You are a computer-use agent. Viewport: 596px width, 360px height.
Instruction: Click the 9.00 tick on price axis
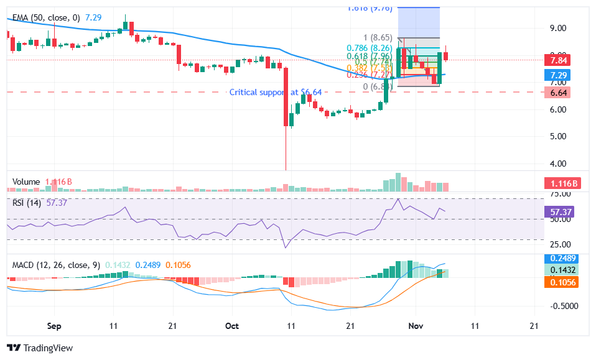point(557,28)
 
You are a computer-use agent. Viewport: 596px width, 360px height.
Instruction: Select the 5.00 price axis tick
point(557,136)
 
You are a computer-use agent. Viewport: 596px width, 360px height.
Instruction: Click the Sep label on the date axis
point(54,326)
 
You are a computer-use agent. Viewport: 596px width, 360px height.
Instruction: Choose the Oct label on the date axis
point(232,326)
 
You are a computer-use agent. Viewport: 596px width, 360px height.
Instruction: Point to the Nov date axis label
point(416,326)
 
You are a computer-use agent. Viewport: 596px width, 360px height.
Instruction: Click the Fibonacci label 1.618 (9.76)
point(370,9)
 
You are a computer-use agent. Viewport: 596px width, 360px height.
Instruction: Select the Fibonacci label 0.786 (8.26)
point(370,47)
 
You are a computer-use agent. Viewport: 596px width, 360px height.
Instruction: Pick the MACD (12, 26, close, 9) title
point(56,265)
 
